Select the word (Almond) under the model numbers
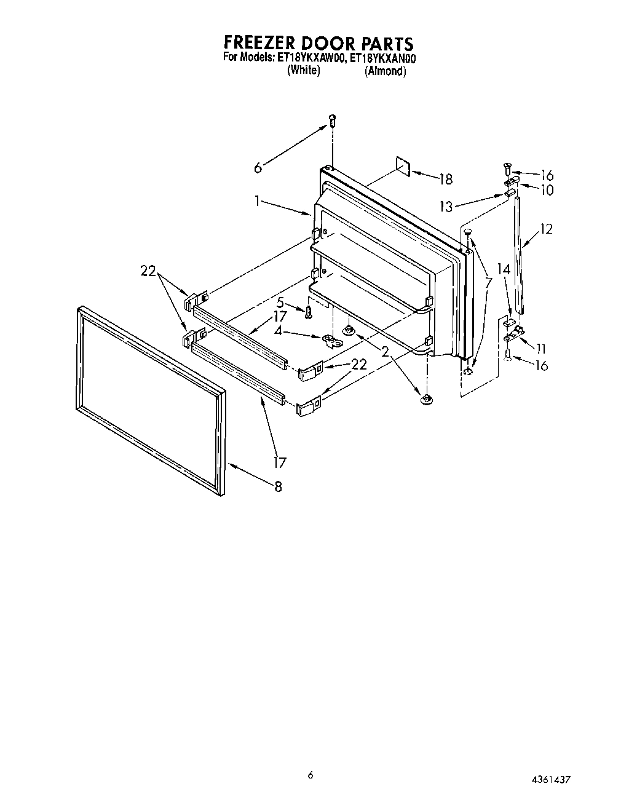[x=386, y=71]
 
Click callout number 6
[x=258, y=167]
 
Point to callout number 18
[x=445, y=179]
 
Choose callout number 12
[x=546, y=229]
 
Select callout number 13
[x=446, y=207]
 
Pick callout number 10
[x=546, y=190]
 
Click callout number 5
[x=280, y=303]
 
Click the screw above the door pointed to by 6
[x=333, y=121]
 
